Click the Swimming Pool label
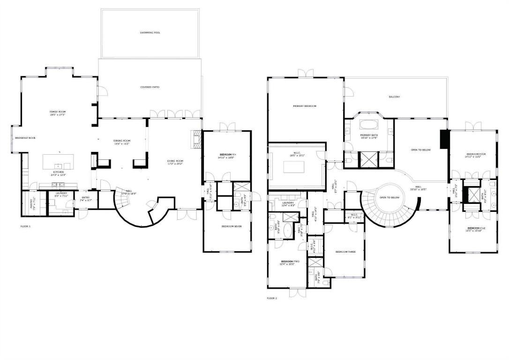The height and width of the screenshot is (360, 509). coord(150,33)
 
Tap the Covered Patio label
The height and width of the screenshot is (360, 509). coord(150,87)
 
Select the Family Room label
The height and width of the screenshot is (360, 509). coord(58,112)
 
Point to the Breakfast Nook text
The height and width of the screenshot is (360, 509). coord(25,138)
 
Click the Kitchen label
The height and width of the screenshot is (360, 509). coord(58,172)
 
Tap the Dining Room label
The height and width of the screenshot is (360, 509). coord(122,141)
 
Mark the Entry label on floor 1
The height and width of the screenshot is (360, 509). coord(85,198)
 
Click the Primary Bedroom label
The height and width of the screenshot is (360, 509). coord(305,106)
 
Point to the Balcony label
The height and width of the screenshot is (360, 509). coord(395,97)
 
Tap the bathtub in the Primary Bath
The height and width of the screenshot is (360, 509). coord(369,125)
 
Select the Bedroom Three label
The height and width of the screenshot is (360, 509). coord(345,252)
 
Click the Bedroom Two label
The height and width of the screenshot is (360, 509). coord(287,262)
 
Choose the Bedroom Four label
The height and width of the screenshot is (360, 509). coord(476,154)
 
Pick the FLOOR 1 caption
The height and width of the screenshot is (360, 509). coord(25,226)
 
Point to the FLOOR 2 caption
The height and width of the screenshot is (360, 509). coord(272,298)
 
